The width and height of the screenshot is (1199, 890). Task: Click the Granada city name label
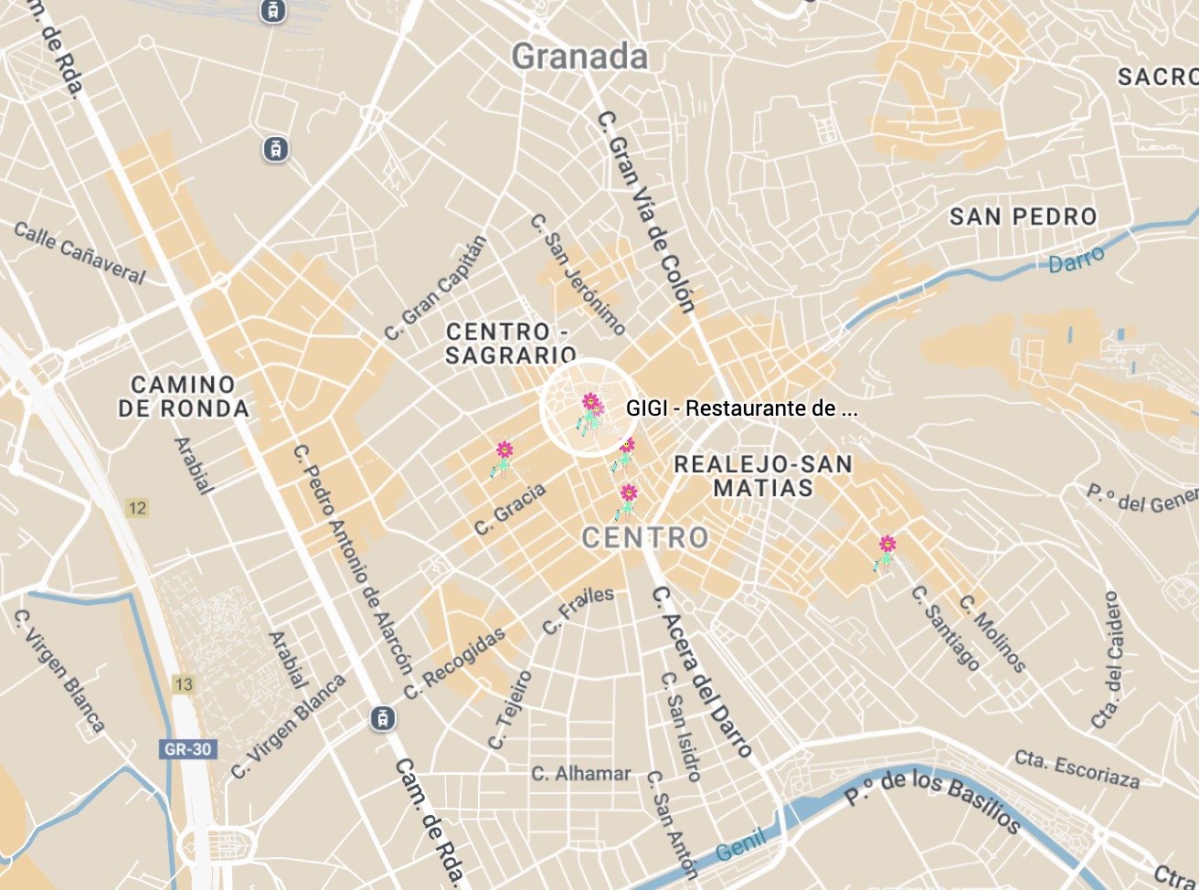pyautogui.click(x=579, y=57)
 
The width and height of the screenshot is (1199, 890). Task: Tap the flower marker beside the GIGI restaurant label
pyautogui.click(x=591, y=411)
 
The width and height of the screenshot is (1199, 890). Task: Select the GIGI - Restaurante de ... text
pyautogui.click(x=741, y=408)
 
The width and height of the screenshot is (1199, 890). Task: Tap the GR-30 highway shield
pyautogui.click(x=187, y=749)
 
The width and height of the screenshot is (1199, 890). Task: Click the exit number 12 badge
pyautogui.click(x=137, y=508)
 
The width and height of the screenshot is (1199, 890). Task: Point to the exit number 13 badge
pyautogui.click(x=184, y=684)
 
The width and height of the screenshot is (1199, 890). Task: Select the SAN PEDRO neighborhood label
pyautogui.click(x=1023, y=217)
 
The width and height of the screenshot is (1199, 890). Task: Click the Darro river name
pyautogui.click(x=1076, y=260)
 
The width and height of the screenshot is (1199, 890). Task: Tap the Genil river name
pyautogui.click(x=741, y=847)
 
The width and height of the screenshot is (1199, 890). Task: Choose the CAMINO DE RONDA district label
pyautogui.click(x=183, y=397)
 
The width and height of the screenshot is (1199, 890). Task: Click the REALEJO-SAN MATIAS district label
pyautogui.click(x=763, y=476)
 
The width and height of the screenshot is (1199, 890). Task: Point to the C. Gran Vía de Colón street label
pyautogui.click(x=647, y=212)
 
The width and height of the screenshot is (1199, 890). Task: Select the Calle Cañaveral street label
pyautogui.click(x=80, y=252)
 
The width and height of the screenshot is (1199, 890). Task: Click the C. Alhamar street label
pyautogui.click(x=581, y=774)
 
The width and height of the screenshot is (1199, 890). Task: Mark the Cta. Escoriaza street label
pyautogui.click(x=1077, y=768)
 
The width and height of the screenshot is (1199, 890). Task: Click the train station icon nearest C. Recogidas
pyautogui.click(x=384, y=718)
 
